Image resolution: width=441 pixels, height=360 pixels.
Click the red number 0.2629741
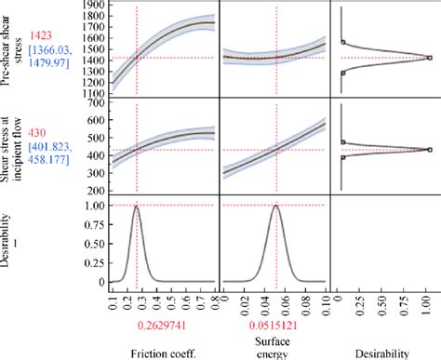pos(137,325)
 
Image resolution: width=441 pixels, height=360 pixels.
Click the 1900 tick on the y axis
pos(92,6)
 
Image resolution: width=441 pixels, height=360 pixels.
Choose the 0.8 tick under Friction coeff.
pos(215,300)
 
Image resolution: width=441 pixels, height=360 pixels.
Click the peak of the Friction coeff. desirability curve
pos(137,206)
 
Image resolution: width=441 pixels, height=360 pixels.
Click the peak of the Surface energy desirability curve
pos(276,206)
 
